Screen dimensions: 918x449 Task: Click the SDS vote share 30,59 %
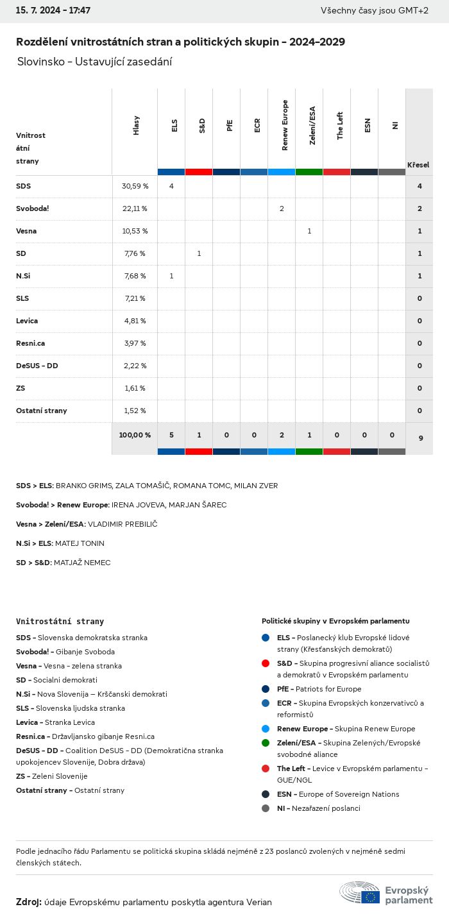tap(135, 186)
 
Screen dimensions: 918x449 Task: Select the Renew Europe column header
tap(285, 125)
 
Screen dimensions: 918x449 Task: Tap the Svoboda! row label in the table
tap(33, 208)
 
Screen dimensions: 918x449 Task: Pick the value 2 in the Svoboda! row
tap(282, 208)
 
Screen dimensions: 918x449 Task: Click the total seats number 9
tap(420, 438)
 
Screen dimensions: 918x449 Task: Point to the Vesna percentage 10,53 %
tap(135, 231)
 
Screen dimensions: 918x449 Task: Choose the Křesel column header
tap(418, 165)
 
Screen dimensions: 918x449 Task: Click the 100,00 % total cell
tap(135, 435)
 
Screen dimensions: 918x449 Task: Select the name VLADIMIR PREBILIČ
tap(123, 524)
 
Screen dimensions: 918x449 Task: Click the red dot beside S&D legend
tap(266, 663)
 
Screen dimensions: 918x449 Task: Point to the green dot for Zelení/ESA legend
tap(266, 743)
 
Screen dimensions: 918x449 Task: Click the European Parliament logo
tap(385, 893)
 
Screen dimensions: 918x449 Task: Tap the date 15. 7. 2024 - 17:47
tap(53, 11)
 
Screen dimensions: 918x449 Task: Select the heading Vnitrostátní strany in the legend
tap(60, 622)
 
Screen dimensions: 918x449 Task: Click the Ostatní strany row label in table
tap(42, 411)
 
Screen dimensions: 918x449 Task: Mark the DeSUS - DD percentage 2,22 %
tap(135, 366)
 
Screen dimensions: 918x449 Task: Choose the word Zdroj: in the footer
tap(29, 902)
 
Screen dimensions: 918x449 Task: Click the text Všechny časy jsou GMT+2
tap(375, 11)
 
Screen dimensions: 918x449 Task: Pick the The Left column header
tap(340, 125)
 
